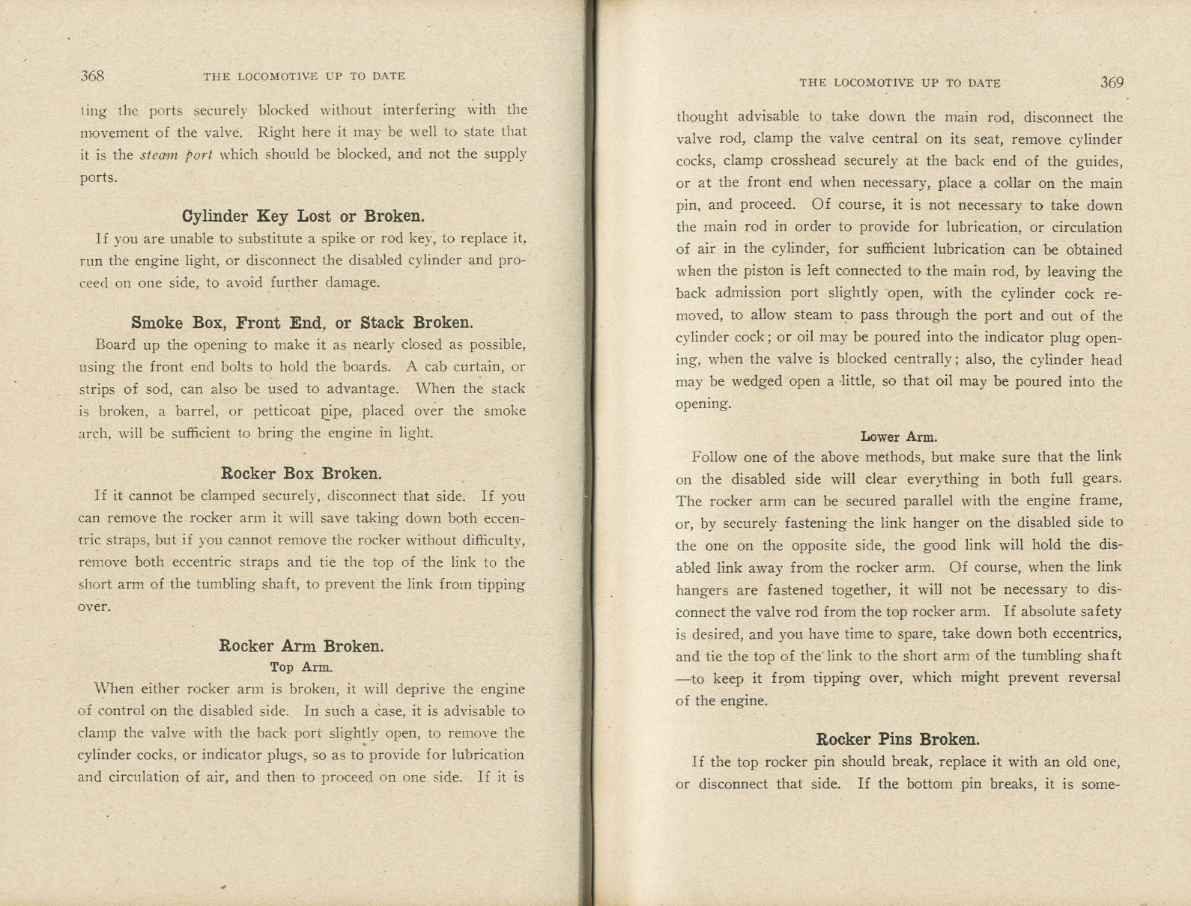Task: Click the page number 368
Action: pyautogui.click(x=92, y=76)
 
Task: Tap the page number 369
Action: pyautogui.click(x=1112, y=82)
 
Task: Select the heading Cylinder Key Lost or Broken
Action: pyautogui.click(x=303, y=216)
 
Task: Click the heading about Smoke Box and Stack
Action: pyautogui.click(x=302, y=323)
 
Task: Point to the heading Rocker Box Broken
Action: pyautogui.click(x=301, y=473)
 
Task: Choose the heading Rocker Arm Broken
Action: pyautogui.click(x=301, y=645)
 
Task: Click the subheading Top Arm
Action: pyautogui.click(x=301, y=666)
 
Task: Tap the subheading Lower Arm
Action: pyautogui.click(x=899, y=437)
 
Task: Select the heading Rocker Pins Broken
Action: pyautogui.click(x=897, y=740)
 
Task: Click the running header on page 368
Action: pyautogui.click(x=304, y=76)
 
